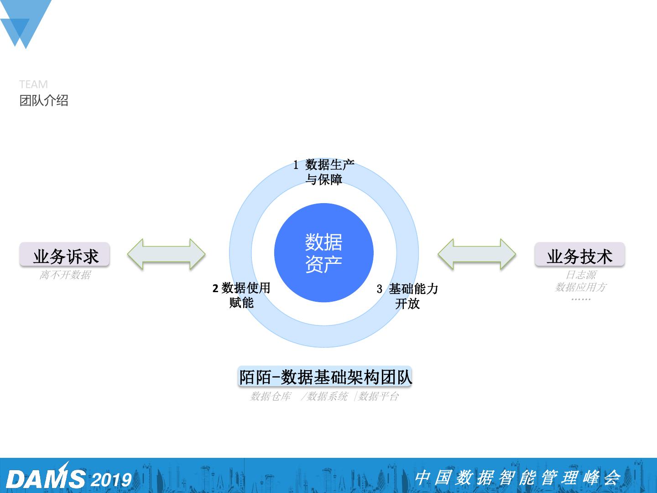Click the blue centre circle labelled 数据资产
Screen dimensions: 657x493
tap(323, 252)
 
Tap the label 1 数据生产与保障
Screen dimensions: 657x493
tap(324, 172)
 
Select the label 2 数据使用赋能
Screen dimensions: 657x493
tap(241, 295)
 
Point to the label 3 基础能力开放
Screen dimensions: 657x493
tap(407, 296)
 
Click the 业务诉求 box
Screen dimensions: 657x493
tap(65, 255)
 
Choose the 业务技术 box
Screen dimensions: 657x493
tap(579, 255)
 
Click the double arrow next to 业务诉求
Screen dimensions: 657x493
tap(166, 253)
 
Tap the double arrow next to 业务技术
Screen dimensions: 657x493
tap(477, 253)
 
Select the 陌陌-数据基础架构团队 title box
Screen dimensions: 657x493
tap(325, 377)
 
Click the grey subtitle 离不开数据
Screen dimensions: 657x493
tap(65, 275)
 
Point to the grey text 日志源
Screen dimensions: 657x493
tap(580, 275)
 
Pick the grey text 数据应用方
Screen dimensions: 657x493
tap(580, 287)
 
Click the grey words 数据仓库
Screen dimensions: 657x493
tap(270, 396)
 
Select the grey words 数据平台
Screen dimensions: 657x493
tap(378, 396)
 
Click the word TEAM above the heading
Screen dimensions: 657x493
tap(33, 84)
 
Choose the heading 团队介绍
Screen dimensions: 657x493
tap(44, 100)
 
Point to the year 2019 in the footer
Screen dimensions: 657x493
tap(111, 480)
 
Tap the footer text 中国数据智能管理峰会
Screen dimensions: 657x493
tap(517, 477)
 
